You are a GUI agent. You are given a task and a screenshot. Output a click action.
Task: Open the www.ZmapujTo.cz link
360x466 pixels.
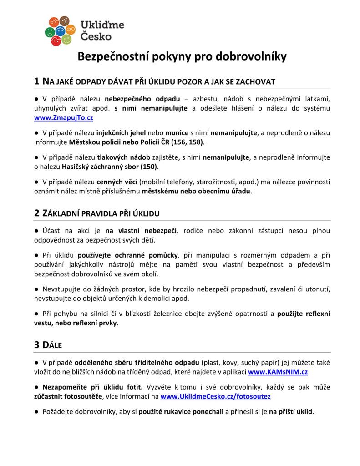click(x=64, y=117)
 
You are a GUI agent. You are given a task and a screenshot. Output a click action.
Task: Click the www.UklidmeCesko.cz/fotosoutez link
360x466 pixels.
click(x=216, y=396)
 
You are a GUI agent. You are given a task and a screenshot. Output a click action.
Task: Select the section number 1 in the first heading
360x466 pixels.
click(x=37, y=81)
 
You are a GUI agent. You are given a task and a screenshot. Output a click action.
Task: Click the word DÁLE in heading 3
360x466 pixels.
click(x=52, y=345)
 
